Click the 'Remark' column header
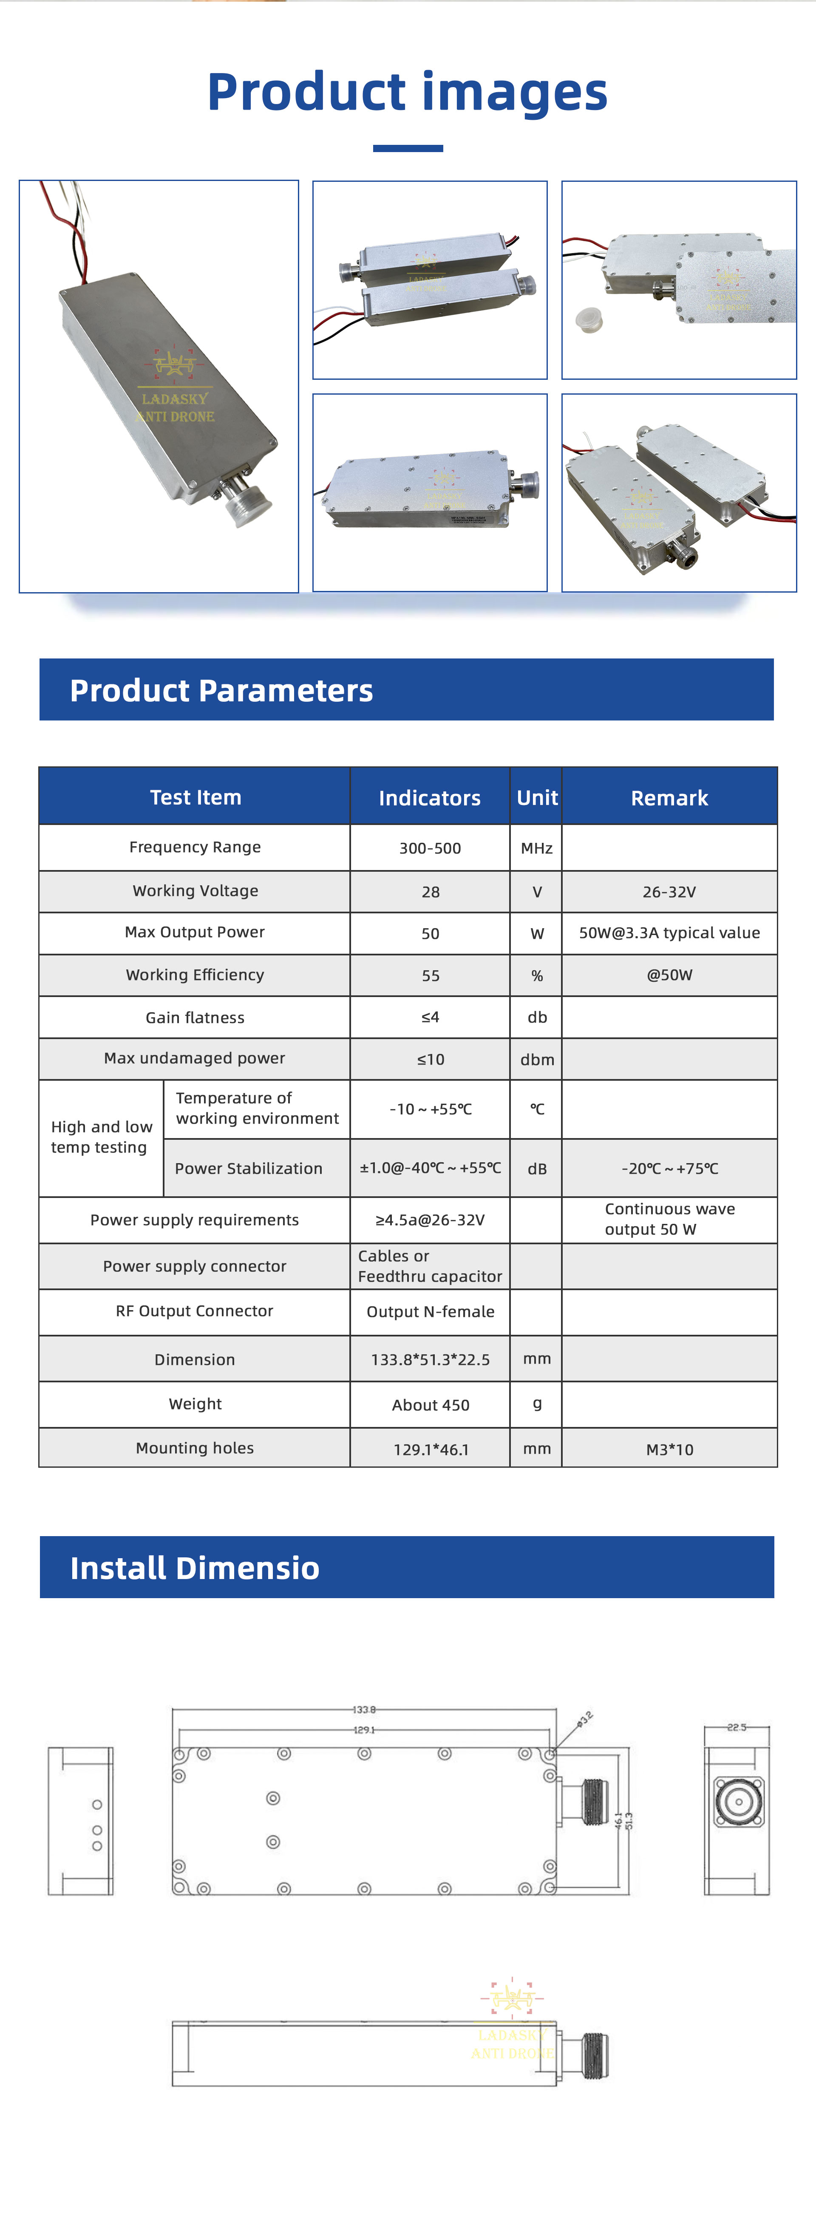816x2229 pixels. click(669, 798)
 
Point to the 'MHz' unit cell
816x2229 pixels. click(536, 848)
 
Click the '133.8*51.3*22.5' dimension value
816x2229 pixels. click(430, 1359)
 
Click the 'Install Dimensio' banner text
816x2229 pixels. click(195, 1568)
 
